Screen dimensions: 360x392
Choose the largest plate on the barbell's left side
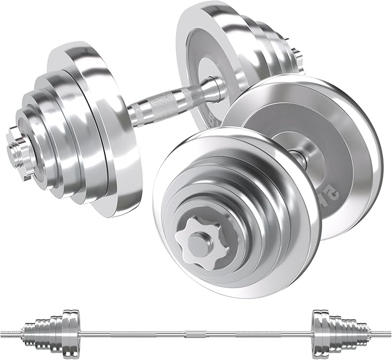point(69,334)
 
